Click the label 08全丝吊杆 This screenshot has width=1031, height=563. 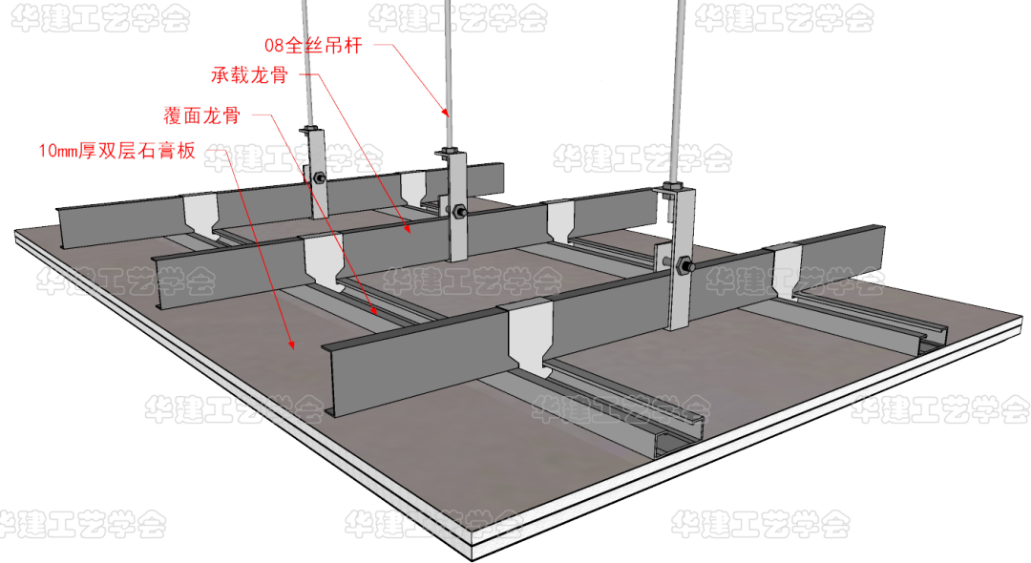[314, 45]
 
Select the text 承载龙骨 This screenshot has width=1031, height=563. [250, 74]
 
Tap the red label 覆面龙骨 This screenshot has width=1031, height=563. [201, 115]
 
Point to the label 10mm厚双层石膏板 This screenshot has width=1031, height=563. [117, 151]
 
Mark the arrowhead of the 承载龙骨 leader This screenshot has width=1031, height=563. [408, 229]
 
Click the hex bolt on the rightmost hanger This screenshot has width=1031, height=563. [682, 266]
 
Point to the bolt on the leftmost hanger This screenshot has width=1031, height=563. [320, 177]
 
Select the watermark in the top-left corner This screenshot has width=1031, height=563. [100, 18]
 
